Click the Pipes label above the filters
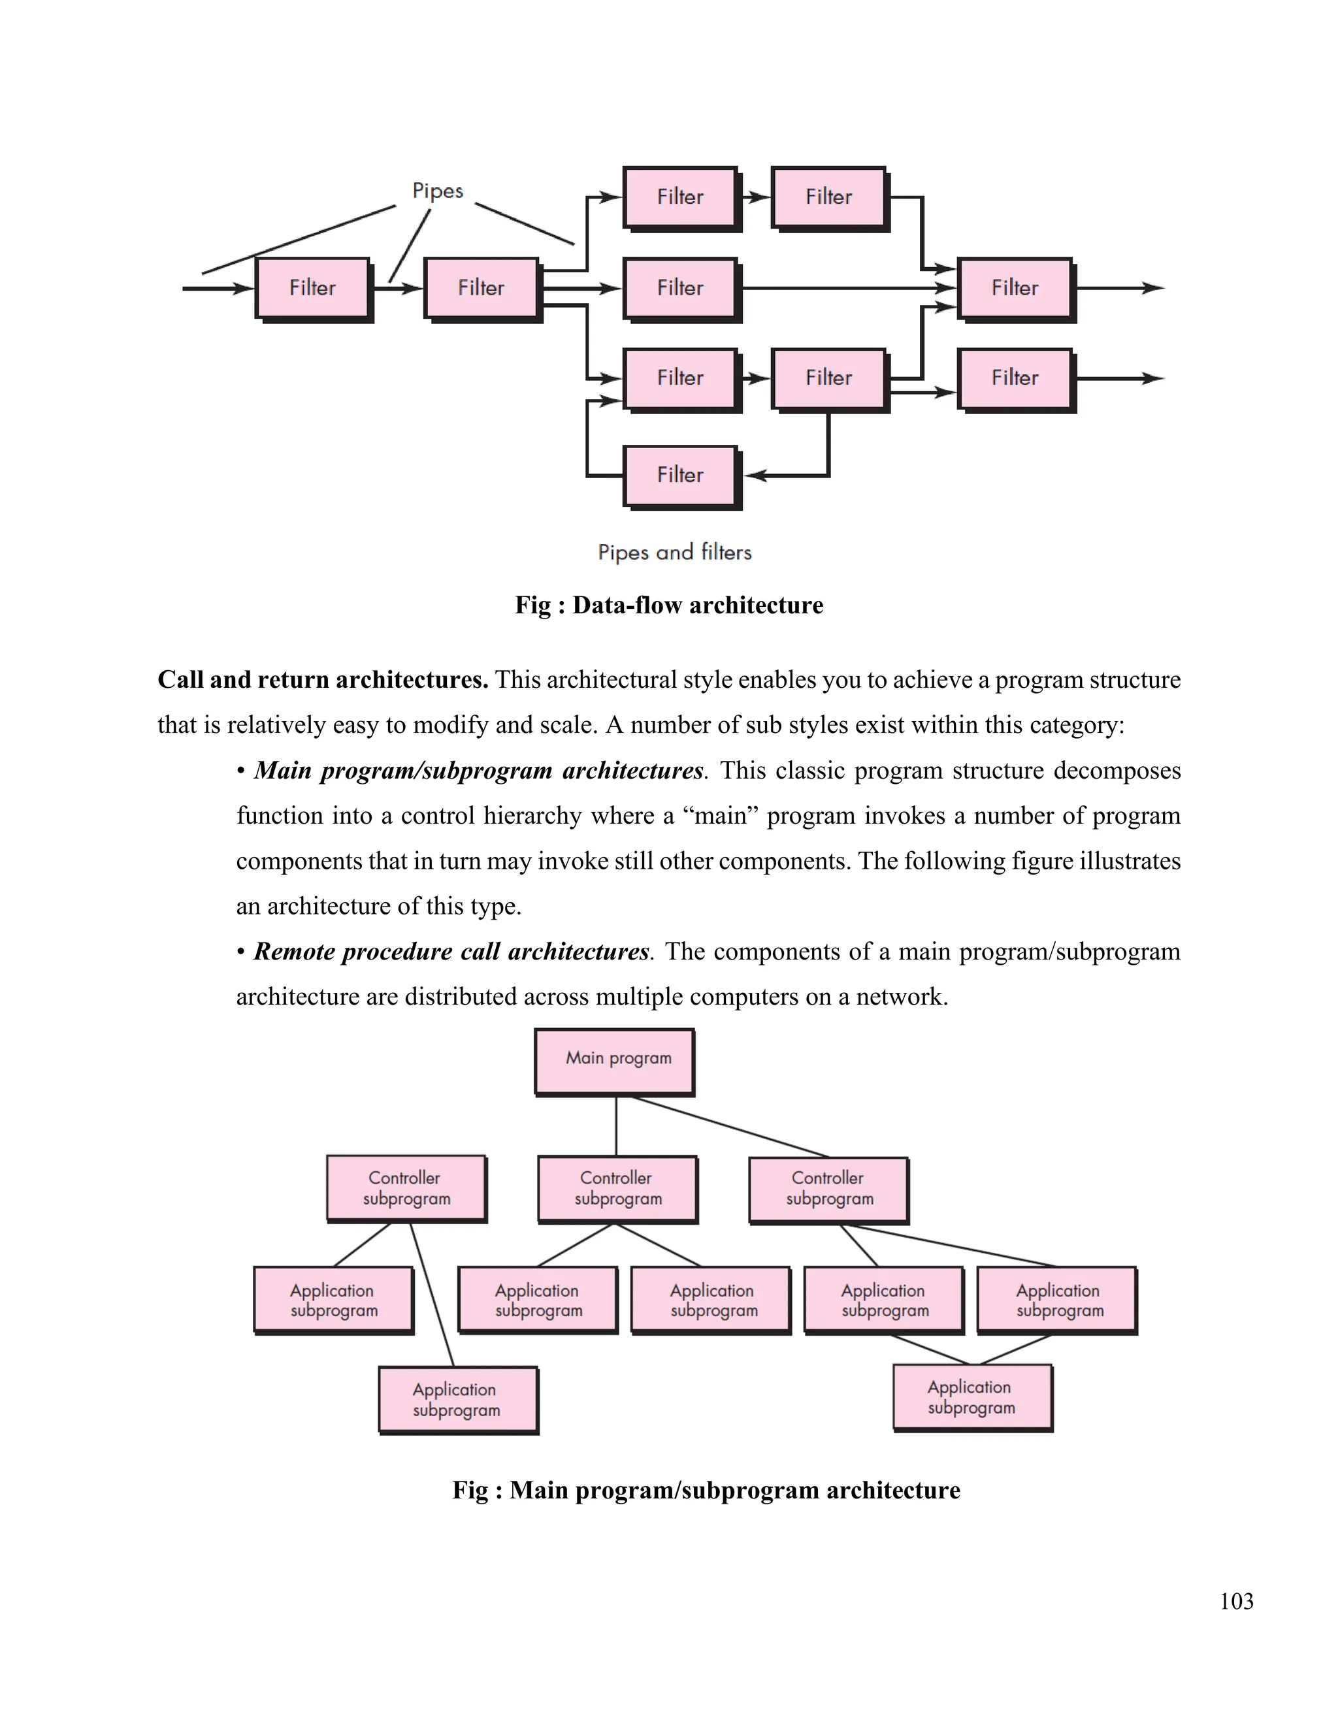(438, 191)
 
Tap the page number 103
(1235, 1601)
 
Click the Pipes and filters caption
(674, 552)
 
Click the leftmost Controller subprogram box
(406, 1188)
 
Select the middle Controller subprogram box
(617, 1188)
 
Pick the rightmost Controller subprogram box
(828, 1188)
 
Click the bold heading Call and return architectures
(323, 680)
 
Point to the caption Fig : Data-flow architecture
(669, 606)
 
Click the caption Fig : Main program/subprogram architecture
(706, 1490)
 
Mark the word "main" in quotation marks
(721, 817)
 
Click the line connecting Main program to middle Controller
(616, 1125)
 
